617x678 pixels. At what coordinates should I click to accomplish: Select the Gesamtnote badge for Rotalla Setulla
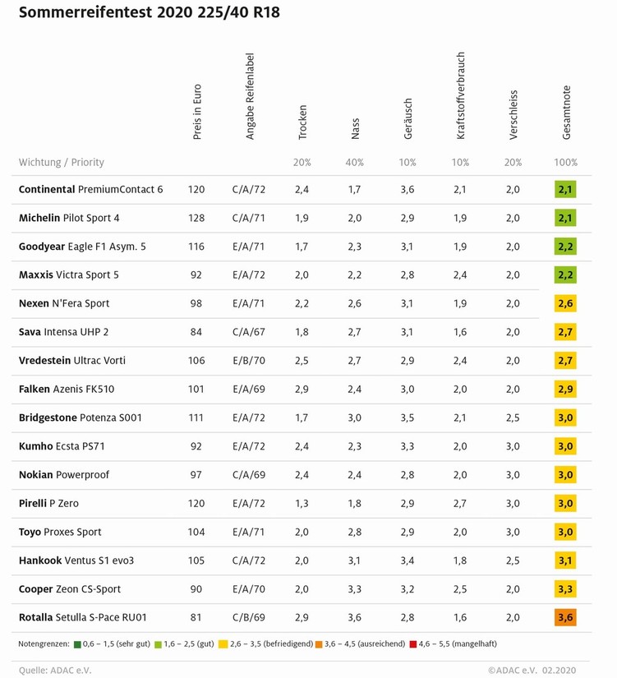point(565,617)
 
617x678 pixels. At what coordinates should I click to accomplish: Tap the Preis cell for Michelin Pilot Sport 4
point(196,218)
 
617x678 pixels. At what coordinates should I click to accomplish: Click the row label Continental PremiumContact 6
point(90,189)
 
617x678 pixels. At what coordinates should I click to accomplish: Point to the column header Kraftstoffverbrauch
point(461,95)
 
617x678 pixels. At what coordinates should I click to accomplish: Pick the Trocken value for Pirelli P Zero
point(302,503)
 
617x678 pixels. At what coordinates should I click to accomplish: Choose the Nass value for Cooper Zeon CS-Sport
point(355,588)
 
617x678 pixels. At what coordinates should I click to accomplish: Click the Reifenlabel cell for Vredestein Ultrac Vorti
point(250,360)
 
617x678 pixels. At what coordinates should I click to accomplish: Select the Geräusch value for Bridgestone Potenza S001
point(408,417)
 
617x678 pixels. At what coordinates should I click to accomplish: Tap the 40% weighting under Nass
point(355,162)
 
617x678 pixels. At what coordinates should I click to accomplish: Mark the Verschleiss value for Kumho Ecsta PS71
point(513,446)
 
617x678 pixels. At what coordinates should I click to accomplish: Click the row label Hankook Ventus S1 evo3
point(76,560)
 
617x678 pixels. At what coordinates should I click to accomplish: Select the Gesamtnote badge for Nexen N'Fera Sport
point(565,303)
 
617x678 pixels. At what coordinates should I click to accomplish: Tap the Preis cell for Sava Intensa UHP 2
point(196,332)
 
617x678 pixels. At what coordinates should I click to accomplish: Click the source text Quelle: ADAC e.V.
point(55,670)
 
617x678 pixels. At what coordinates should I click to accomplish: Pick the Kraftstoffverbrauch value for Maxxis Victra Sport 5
point(460,274)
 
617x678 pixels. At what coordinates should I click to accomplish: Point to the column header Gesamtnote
point(566,112)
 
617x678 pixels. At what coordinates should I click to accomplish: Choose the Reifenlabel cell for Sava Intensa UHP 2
point(250,332)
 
